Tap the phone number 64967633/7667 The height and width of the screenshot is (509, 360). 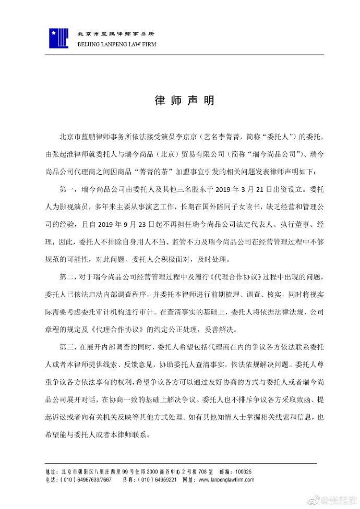(x=94, y=479)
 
